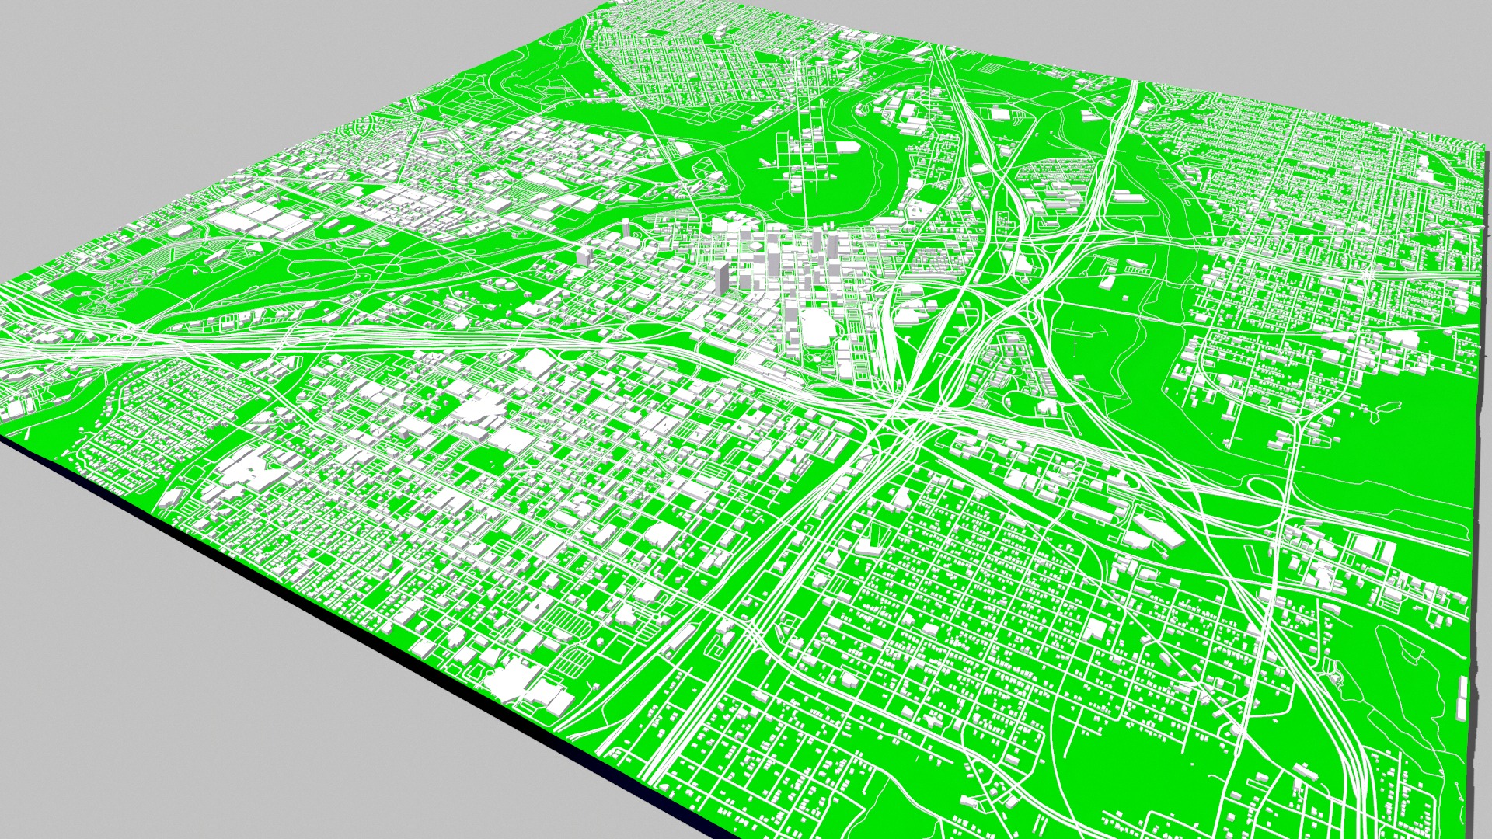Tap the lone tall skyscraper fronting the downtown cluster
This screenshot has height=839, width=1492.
click(722, 277)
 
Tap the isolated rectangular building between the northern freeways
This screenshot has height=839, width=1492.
click(999, 114)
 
